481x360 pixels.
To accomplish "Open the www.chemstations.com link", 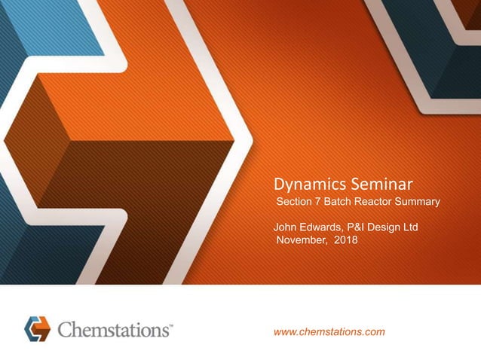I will [330, 331].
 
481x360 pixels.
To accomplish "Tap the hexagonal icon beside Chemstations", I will [36, 328].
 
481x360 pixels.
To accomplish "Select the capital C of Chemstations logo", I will [66, 329].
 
